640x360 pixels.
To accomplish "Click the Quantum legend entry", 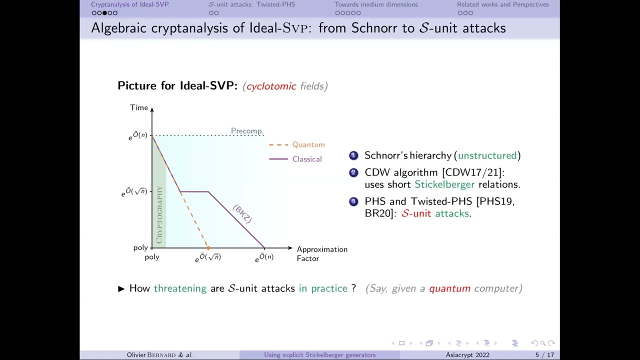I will pos(308,144).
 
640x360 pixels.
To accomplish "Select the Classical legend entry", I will pos(306,159).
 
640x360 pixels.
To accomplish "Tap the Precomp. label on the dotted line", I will pos(247,131).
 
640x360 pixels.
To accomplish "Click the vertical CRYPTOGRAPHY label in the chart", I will pos(159,215).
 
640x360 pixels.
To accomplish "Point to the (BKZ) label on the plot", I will pos(242,214).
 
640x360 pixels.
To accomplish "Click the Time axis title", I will pos(139,107).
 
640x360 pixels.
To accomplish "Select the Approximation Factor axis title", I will pos(321,253).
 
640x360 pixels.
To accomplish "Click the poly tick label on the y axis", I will pos(140,247).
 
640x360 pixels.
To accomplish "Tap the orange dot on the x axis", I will pos(208,248).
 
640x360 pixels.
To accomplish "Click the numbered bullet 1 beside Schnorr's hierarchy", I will pos(353,155).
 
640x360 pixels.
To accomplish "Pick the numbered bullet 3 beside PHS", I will pos(353,201).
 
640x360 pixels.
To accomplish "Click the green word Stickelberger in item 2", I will pos(444,184).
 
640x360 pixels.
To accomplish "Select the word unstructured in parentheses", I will pos(487,155).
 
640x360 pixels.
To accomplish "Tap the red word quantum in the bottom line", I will pos(449,288).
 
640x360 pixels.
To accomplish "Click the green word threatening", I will pos(180,288).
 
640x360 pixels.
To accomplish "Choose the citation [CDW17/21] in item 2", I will pos(472,172).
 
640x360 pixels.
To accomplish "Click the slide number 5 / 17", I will pos(544,355).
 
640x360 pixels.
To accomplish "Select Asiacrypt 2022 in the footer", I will pos(467,355).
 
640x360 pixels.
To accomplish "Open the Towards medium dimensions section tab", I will pos(376,4).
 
